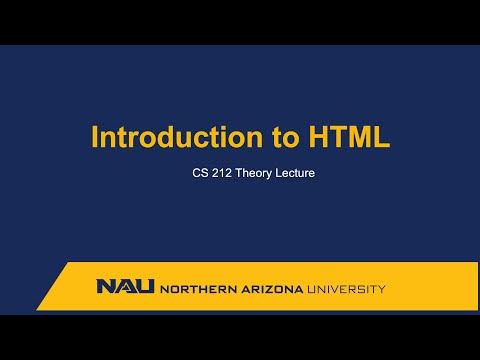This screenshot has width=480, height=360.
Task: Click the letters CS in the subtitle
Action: pyautogui.click(x=199, y=172)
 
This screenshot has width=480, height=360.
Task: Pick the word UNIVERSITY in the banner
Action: pyautogui.click(x=345, y=288)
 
